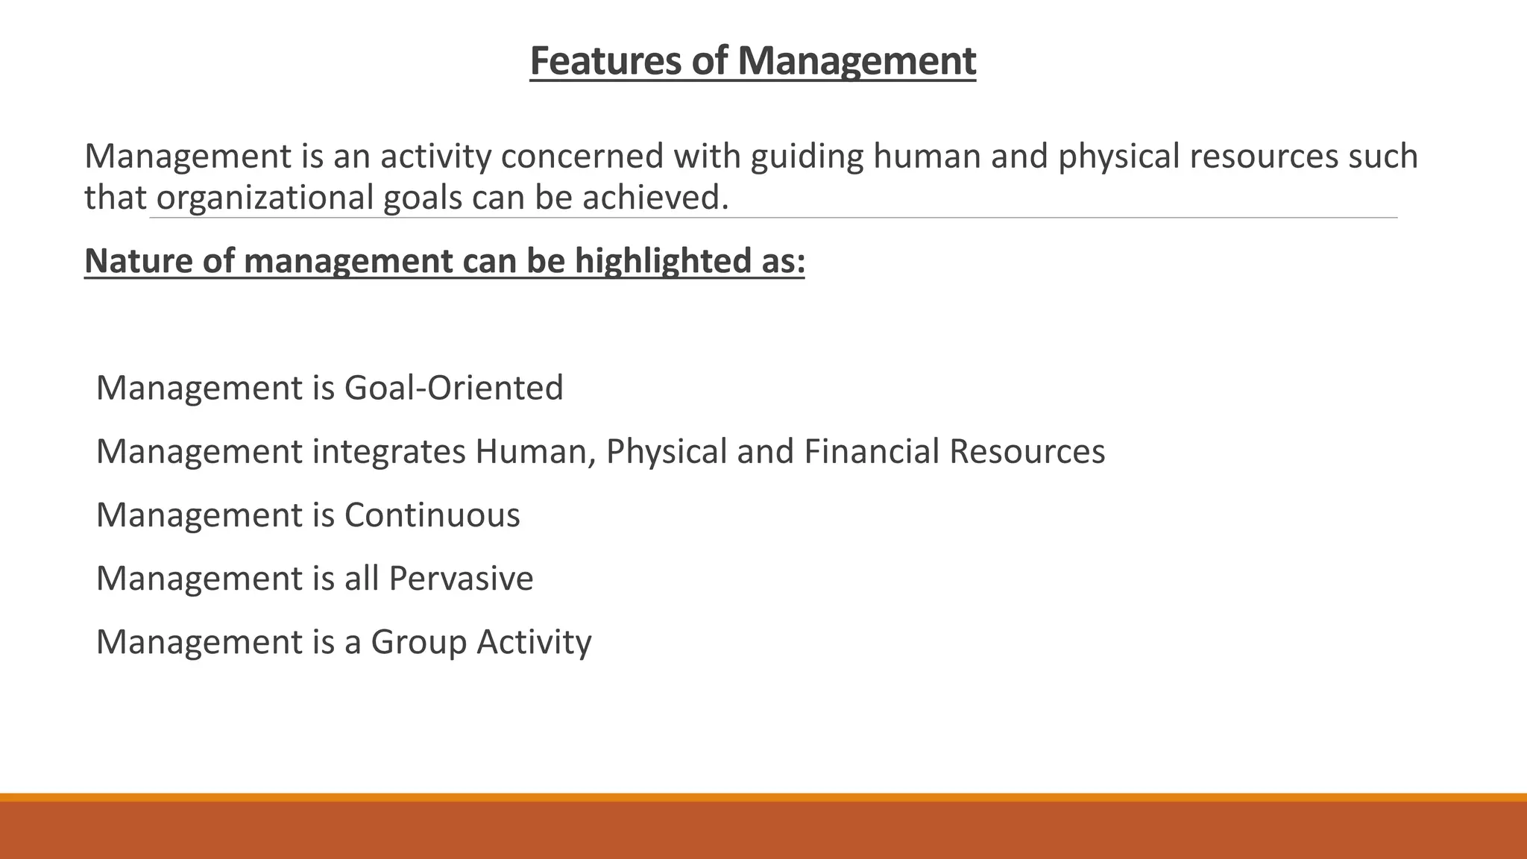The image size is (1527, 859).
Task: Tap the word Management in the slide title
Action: (x=857, y=60)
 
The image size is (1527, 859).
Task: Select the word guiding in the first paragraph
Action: (x=807, y=156)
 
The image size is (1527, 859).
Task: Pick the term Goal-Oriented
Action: (x=453, y=388)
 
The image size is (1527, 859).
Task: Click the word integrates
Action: (x=388, y=451)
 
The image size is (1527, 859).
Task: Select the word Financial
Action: (x=871, y=451)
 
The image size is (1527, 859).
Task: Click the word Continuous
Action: (x=432, y=515)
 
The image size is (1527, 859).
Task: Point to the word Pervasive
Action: (x=461, y=579)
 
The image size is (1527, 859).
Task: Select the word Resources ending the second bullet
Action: (x=1027, y=451)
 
